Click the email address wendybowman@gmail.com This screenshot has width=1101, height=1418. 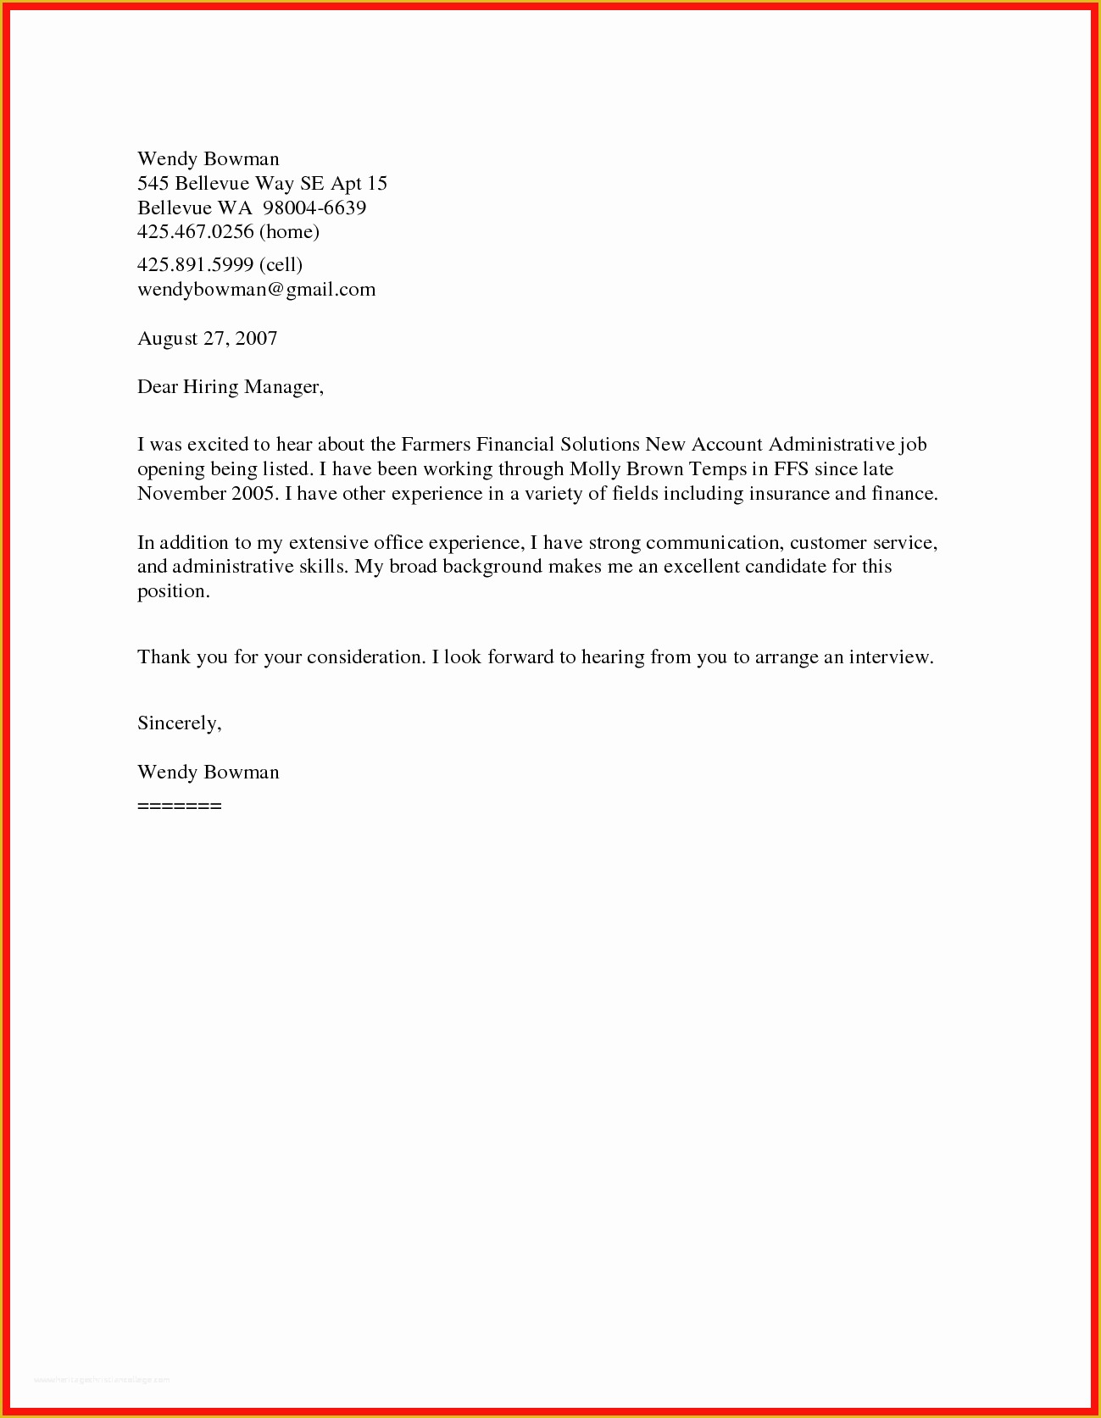pyautogui.click(x=256, y=290)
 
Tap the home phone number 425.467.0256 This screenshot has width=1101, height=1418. pyautogui.click(x=196, y=231)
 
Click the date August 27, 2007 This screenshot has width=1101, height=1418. pyautogui.click(x=207, y=339)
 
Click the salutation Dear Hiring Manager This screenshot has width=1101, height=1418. pyautogui.click(x=230, y=387)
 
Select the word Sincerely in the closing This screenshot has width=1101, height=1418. pyautogui.click(x=178, y=723)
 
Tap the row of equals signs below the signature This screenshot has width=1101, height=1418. pyautogui.click(x=179, y=806)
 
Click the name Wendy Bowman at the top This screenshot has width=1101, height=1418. pyautogui.click(x=208, y=159)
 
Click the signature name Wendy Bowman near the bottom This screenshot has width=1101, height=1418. pyautogui.click(x=208, y=773)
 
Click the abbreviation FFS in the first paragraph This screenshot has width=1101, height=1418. pyautogui.click(x=791, y=469)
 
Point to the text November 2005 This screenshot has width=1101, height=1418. pyautogui.click(x=206, y=494)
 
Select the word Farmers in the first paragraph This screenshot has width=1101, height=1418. pyautogui.click(x=436, y=445)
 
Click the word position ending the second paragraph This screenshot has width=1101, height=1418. pyautogui.click(x=172, y=592)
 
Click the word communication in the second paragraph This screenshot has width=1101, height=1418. pyautogui.click(x=711, y=543)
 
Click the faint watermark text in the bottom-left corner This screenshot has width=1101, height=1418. pyautogui.click(x=102, y=1380)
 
